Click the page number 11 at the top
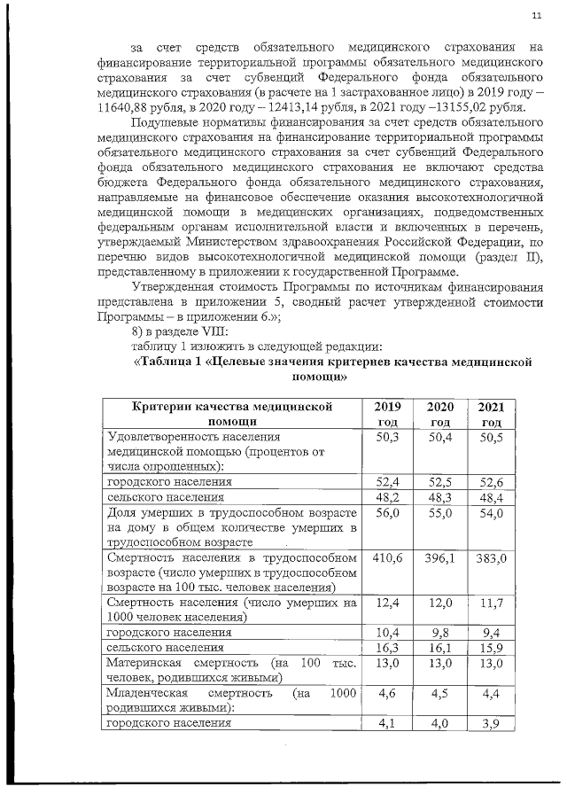(536, 16)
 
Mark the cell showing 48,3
(439, 498)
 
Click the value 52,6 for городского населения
(491, 482)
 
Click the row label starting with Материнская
(145, 664)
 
